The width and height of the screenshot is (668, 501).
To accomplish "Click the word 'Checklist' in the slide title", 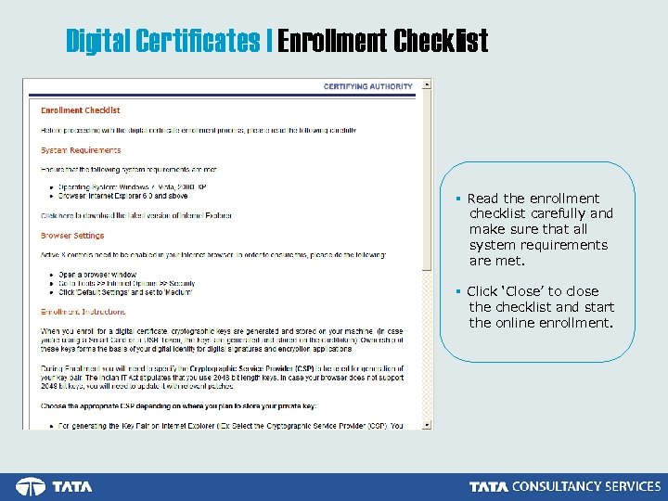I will pos(441,41).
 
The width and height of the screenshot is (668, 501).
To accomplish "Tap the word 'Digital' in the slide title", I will pos(98,41).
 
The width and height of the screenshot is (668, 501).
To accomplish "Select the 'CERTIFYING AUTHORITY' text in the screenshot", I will pos(368,87).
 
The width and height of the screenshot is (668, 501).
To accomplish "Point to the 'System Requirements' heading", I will pos(81,150).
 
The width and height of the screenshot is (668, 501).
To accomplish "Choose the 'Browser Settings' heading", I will pos(72,236).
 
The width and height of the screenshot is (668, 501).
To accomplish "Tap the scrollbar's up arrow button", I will pos(427,83).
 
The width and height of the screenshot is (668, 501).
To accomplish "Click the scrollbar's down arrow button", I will pos(427,424).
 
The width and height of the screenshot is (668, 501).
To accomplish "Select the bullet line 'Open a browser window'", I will pos(97,275).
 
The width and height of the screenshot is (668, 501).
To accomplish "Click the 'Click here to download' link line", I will pos(136,215).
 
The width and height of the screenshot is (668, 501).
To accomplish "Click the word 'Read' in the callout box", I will pos(482,199).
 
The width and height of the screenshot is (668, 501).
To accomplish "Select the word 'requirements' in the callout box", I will pos(568,245).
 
